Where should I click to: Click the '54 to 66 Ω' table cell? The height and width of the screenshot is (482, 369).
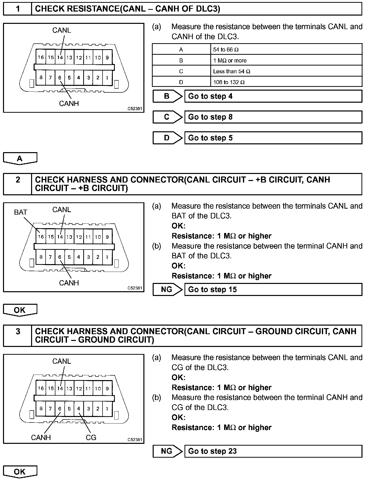pos(286,49)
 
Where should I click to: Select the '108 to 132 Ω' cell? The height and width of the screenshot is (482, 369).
pos(286,82)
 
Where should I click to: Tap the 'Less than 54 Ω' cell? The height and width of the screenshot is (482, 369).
pos(286,71)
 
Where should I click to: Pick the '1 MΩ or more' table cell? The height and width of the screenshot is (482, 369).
pos(286,61)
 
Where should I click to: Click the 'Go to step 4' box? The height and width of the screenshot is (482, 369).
pos(273,96)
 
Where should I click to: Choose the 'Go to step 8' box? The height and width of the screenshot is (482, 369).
pos(273,117)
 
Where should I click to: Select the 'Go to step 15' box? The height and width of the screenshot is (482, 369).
pos(273,289)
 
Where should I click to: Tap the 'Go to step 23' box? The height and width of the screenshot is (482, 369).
pos(273,451)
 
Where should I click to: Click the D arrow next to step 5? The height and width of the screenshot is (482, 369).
pos(167,138)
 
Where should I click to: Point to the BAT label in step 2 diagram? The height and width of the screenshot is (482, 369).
pos(21,212)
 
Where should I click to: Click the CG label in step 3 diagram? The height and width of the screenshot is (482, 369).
pos(91,438)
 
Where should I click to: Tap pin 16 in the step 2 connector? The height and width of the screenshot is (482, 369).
pos(41,237)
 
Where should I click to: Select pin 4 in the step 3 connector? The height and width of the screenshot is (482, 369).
pos(79,408)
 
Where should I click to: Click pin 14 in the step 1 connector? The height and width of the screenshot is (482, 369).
pos(60,57)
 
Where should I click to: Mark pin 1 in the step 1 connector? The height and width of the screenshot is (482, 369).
pos(107,78)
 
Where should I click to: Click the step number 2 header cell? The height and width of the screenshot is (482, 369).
pos(18,184)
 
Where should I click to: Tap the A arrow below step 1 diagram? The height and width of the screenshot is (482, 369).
pos(20,158)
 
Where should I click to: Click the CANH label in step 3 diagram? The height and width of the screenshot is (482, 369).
pos(41,438)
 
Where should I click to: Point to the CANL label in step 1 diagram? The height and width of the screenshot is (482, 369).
pos(62,30)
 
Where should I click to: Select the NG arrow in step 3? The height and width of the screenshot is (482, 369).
pos(167,451)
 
